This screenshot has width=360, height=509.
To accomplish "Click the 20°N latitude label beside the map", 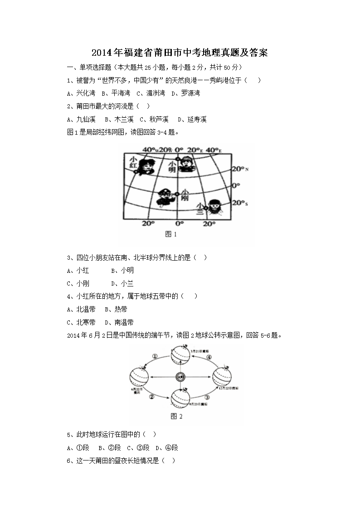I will (240, 169).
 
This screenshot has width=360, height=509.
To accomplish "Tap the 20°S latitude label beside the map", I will (240, 204).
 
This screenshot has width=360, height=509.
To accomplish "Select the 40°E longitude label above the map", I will (213, 150).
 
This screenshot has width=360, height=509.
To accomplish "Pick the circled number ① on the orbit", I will (155, 357).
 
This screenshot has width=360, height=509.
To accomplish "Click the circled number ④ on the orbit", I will (209, 357).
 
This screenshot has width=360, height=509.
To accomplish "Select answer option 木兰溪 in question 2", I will (123, 120).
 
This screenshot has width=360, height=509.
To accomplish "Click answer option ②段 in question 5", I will (114, 448).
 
